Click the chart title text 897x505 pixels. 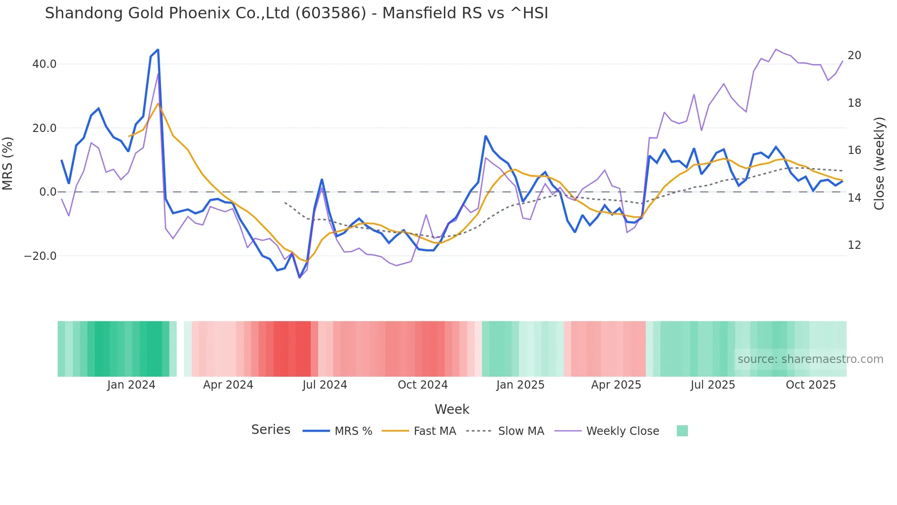pyautogui.click(x=296, y=13)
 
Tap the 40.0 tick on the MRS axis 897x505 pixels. pyautogui.click(x=44, y=64)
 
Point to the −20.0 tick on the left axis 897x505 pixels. pyautogui.click(x=40, y=256)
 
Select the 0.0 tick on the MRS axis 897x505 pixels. pyautogui.click(x=48, y=192)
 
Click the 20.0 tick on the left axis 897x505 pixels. pyautogui.click(x=44, y=128)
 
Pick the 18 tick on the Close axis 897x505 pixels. pyautogui.click(x=854, y=103)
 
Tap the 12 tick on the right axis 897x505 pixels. pyautogui.click(x=854, y=245)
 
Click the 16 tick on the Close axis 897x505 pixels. pyautogui.click(x=854, y=150)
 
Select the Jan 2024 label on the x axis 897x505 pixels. pyautogui.click(x=131, y=385)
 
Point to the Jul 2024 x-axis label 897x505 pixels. pyautogui.click(x=325, y=385)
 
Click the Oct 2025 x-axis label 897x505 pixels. pyautogui.click(x=811, y=385)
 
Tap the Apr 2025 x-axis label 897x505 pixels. pyautogui.click(x=616, y=385)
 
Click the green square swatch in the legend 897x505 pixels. pyautogui.click(x=682, y=431)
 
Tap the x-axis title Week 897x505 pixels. pyautogui.click(x=452, y=409)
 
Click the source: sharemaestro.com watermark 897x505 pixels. pyautogui.click(x=810, y=359)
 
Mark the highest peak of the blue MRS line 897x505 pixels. pyautogui.click(x=158, y=49)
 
